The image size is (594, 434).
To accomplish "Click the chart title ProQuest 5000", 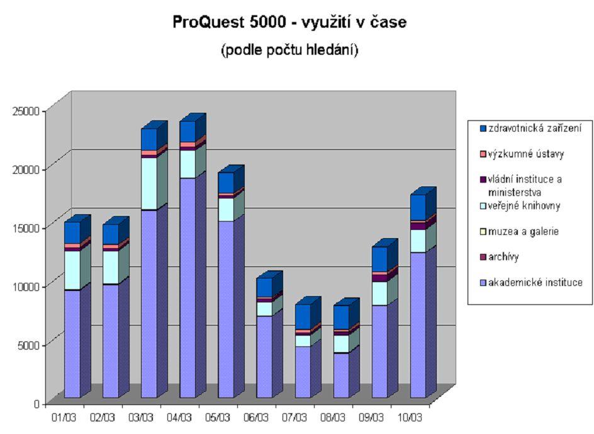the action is tap(229, 22).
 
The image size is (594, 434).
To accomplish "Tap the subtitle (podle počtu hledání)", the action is tap(289, 50).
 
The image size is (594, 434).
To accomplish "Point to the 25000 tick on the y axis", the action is tap(26, 111).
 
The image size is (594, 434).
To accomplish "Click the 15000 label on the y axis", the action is tap(26, 228).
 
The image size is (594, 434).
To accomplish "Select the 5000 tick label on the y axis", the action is tap(29, 345).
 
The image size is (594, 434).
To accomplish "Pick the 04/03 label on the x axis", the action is tap(179, 418).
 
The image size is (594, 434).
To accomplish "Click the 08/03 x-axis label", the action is tap(333, 418).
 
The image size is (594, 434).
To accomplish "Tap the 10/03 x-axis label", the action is tap(410, 418).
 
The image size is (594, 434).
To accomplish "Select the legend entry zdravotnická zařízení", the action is tap(530, 128).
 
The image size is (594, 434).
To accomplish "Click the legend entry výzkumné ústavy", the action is tap(522, 154).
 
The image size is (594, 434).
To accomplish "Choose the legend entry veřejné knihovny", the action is tap(520, 205).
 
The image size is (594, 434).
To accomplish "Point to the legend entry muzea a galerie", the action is tap(519, 231).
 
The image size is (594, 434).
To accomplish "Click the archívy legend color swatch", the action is tap(483, 257).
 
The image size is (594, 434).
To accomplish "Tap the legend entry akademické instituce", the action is tap(531, 283).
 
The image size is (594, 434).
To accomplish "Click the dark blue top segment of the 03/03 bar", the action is tap(149, 139).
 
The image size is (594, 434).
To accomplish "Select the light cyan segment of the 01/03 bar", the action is tap(72, 270).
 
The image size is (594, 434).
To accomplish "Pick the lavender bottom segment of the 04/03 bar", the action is tap(188, 288).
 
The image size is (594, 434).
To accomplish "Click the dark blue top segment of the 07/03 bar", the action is tap(303, 317).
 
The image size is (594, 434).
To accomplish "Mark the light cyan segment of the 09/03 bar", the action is tap(379, 294).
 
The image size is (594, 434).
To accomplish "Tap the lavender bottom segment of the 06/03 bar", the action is tap(264, 357).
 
